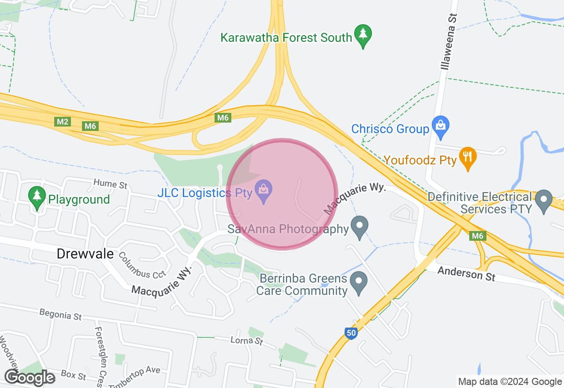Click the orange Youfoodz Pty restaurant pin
468,157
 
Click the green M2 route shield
62,122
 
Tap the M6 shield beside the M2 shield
90,126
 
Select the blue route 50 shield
351,333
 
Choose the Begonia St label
60,315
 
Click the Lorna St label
247,341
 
